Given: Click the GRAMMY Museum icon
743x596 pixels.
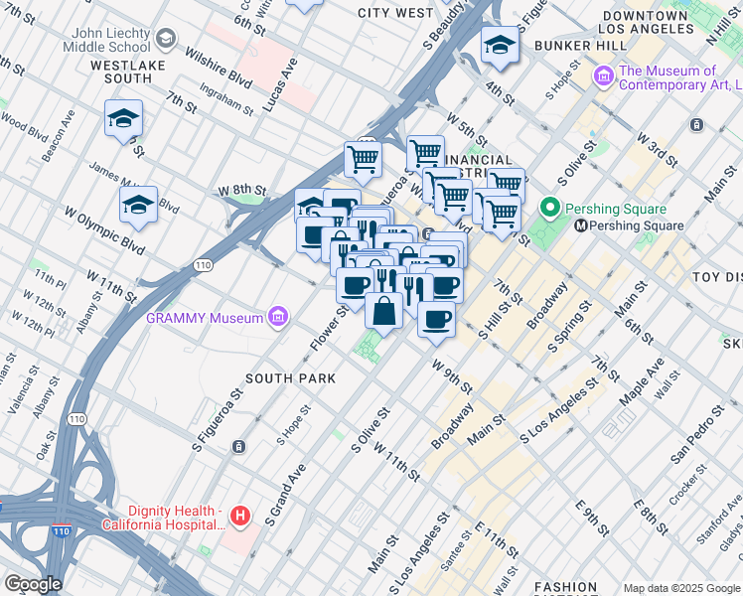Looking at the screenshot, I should (x=279, y=317).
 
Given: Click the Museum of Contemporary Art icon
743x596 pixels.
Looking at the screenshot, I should (x=603, y=77).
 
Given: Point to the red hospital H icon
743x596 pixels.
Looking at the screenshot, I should (x=239, y=516).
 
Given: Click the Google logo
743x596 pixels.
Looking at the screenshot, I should (x=32, y=583).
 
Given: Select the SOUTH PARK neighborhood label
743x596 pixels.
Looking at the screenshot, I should (x=290, y=378).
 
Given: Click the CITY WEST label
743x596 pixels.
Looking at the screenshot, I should (x=395, y=13).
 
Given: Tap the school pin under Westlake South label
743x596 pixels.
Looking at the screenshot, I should (x=123, y=119).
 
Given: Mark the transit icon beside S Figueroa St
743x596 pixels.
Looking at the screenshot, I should (x=238, y=447).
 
